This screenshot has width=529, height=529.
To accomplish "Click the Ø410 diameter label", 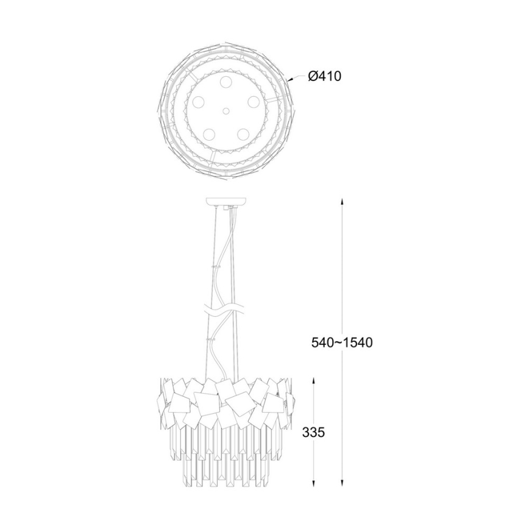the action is pyautogui.click(x=325, y=77).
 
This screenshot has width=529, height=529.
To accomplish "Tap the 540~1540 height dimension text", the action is pyautogui.click(x=342, y=343).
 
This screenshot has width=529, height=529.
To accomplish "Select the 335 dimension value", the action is pyautogui.click(x=313, y=432).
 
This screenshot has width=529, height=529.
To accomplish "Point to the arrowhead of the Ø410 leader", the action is pyautogui.click(x=289, y=80).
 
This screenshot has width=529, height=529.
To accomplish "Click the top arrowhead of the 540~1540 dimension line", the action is pyautogui.click(x=342, y=202).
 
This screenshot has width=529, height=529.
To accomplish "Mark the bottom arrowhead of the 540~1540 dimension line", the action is pyautogui.click(x=342, y=483).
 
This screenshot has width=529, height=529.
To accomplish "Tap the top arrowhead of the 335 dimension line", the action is pyautogui.click(x=314, y=382).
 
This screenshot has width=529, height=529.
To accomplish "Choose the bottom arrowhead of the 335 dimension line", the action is pyautogui.click(x=314, y=483).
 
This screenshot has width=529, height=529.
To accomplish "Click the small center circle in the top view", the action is pyautogui.click(x=225, y=111).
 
